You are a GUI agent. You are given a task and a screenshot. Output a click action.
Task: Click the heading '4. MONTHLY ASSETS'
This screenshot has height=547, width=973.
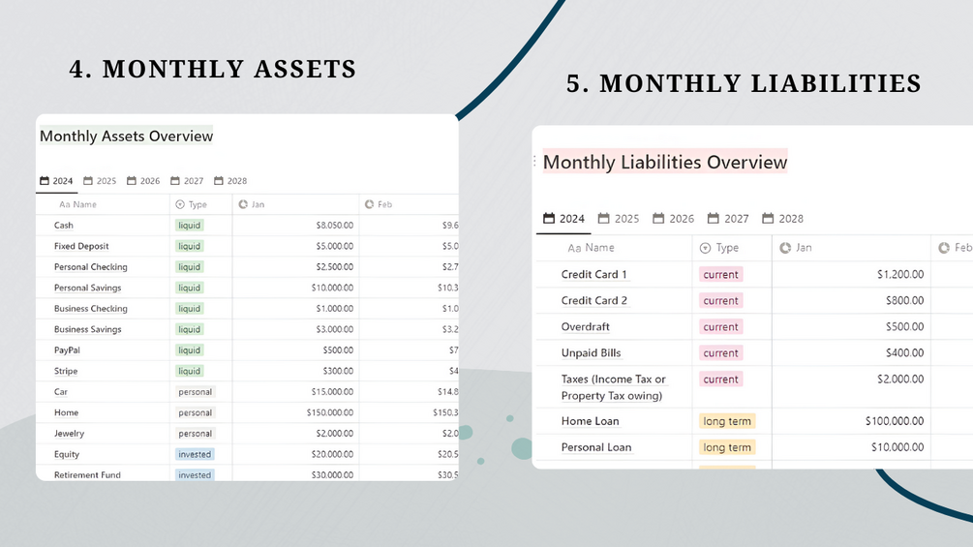(213, 70)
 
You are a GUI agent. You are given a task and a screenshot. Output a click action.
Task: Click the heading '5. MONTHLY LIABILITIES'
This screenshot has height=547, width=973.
(744, 83)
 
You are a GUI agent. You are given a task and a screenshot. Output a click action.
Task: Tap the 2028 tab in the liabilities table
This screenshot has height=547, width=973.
(783, 219)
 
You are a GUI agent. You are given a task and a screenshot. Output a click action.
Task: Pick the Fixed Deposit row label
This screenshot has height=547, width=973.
(81, 246)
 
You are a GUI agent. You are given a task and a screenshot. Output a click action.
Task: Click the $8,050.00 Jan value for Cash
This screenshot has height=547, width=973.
(334, 226)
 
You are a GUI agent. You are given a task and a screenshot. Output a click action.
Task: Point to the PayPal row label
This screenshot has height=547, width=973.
(67, 350)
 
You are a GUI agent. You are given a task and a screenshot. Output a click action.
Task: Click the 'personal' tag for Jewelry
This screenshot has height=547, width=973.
(195, 434)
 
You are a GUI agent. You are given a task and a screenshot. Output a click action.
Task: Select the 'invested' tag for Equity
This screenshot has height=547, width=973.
(195, 454)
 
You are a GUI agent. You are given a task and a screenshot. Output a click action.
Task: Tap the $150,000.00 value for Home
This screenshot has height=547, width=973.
(328, 412)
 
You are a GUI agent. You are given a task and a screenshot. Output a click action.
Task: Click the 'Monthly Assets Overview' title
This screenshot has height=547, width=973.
(126, 137)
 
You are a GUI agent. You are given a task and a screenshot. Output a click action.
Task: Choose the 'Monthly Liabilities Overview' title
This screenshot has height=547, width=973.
(665, 163)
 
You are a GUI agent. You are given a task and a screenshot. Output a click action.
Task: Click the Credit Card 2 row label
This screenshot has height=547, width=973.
(594, 301)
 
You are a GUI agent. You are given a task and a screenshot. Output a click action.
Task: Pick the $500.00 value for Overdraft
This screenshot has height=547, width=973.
(904, 327)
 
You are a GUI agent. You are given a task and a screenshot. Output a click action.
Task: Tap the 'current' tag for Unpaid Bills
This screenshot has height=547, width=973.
(720, 353)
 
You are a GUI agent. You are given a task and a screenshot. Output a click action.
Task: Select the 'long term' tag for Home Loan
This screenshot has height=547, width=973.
(727, 421)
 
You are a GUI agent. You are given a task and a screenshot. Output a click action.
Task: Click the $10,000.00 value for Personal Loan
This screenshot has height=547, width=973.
(897, 447)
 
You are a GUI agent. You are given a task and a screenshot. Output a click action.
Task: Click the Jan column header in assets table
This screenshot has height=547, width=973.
(258, 204)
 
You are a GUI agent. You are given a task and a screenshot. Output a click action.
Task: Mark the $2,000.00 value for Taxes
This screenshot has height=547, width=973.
(899, 380)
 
